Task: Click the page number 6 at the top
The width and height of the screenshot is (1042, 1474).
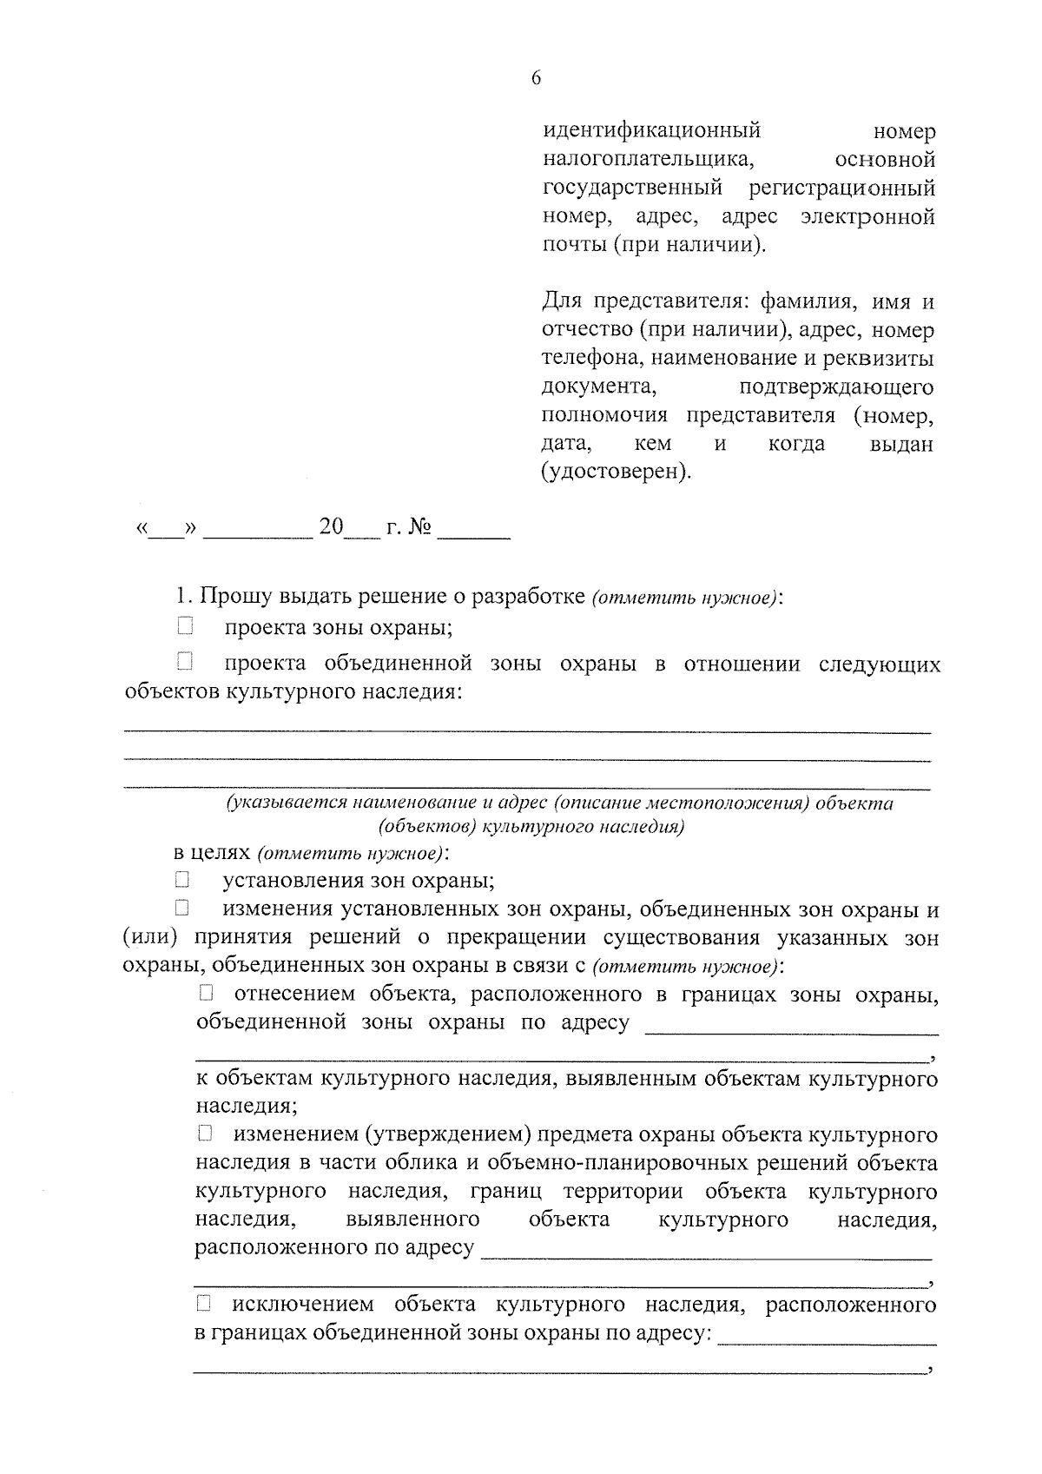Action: click(x=535, y=79)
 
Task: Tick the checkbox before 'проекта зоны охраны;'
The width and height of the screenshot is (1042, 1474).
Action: click(x=184, y=626)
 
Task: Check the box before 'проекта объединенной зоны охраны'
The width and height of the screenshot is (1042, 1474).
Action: click(x=184, y=663)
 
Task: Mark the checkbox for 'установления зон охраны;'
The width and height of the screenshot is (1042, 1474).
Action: click(x=181, y=880)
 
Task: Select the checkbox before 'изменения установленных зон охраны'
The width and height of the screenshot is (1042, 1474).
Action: click(x=181, y=909)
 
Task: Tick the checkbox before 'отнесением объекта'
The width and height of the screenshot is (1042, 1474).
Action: click(x=205, y=993)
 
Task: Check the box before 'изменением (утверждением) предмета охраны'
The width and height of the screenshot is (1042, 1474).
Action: click(x=205, y=1134)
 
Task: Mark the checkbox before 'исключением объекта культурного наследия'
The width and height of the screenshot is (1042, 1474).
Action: click(x=205, y=1303)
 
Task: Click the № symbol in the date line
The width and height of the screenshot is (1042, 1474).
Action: click(x=419, y=528)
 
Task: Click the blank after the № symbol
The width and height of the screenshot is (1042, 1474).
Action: click(x=474, y=532)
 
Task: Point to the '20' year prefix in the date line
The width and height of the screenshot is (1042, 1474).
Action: click(x=331, y=527)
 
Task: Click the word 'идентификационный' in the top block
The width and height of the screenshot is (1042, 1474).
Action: click(x=651, y=131)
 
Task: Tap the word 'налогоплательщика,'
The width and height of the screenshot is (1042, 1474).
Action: click(x=648, y=160)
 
